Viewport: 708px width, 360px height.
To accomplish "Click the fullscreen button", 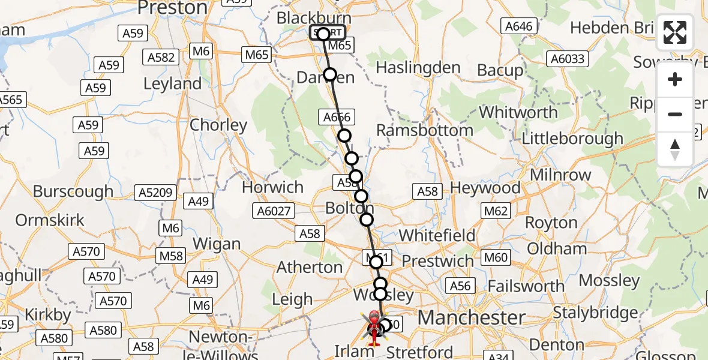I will pos(675,32).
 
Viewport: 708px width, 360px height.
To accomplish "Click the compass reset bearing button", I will pos(675,149).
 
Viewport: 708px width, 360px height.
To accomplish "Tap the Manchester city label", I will pos(472,317).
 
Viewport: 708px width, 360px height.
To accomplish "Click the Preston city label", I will pos(172,8).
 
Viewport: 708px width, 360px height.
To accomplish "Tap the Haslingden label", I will pos(418,68).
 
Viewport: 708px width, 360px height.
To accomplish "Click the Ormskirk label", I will pos(50,220).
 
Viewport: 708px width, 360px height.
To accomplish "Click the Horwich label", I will pos(272,187).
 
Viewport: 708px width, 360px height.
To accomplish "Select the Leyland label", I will pos(172,83).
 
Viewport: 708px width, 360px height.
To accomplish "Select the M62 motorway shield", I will pos(496,211).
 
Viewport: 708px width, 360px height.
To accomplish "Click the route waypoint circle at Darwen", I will pos(330,74).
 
